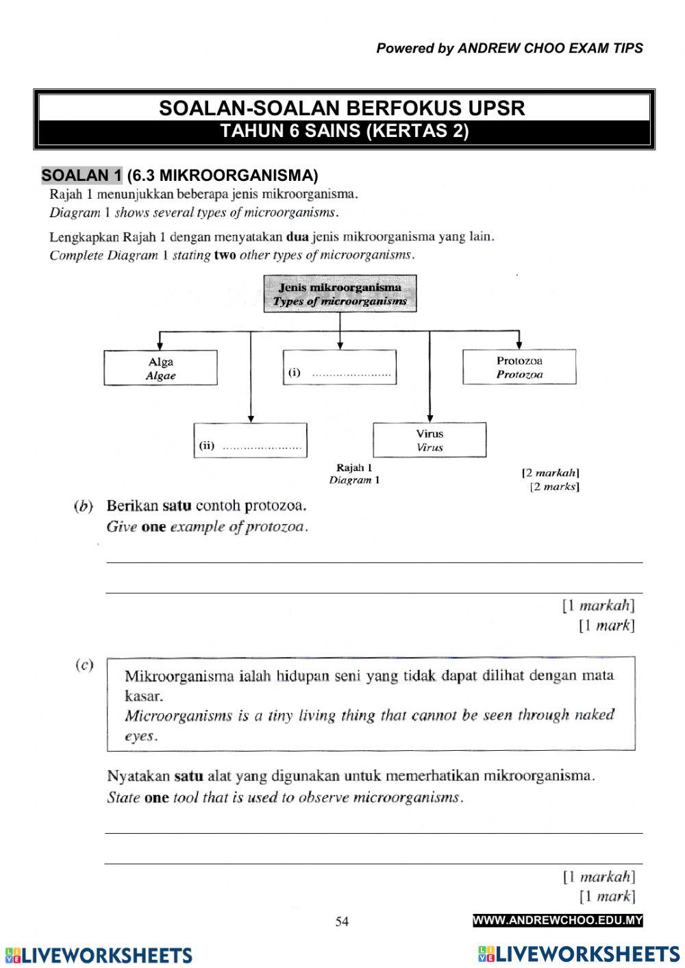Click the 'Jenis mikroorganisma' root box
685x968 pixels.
tap(340, 294)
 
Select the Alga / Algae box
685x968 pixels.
tap(161, 368)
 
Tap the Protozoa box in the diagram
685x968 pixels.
tap(519, 367)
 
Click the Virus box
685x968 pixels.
tap(429, 440)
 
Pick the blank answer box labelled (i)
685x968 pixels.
tap(340, 367)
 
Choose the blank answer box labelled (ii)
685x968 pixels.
tap(250, 440)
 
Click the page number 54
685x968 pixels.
tap(342, 921)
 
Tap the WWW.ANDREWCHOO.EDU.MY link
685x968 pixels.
tap(558, 921)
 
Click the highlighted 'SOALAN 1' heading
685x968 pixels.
tap(82, 175)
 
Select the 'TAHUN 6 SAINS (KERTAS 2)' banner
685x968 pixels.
tap(344, 132)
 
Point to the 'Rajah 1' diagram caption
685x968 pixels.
tap(354, 468)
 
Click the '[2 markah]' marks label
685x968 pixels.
tap(550, 473)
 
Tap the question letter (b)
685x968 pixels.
tap(83, 506)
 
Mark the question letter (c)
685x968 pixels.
tap(84, 665)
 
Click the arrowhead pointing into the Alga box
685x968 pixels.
tap(160, 345)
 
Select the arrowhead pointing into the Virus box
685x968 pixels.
tap(429, 417)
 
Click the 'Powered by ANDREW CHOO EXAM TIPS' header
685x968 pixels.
tap(510, 49)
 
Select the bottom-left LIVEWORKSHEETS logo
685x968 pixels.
tap(98, 955)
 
